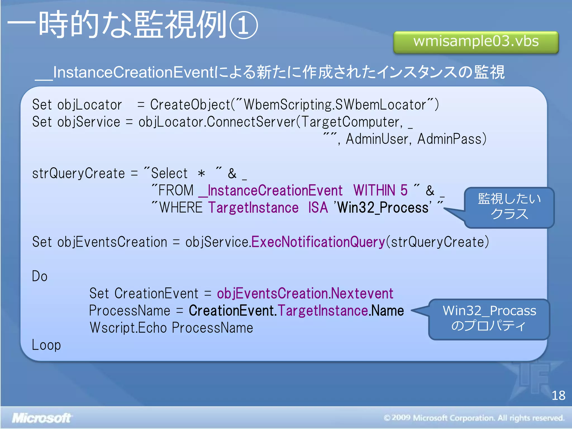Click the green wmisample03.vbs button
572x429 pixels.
(x=476, y=42)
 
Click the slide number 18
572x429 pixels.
(x=558, y=395)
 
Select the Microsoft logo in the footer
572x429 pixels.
(x=41, y=418)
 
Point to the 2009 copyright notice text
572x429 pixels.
(x=474, y=418)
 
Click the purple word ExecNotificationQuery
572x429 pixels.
(x=318, y=242)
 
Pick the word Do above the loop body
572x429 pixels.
(x=40, y=276)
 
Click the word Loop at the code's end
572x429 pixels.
(x=46, y=345)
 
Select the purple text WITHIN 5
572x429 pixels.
(x=380, y=190)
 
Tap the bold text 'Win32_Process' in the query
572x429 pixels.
(x=383, y=208)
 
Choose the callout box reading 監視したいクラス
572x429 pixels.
(x=509, y=207)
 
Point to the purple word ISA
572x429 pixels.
(x=318, y=208)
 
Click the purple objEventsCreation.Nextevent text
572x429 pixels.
(x=305, y=294)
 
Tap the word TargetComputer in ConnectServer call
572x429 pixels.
(x=351, y=122)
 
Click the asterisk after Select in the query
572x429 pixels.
(x=201, y=174)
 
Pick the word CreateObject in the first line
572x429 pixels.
(x=190, y=105)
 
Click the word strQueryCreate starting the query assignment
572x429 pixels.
(x=78, y=173)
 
